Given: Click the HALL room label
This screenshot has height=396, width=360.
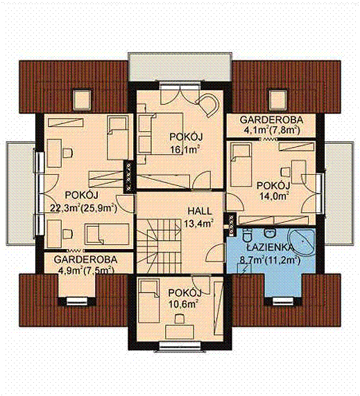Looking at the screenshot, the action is [x=199, y=211].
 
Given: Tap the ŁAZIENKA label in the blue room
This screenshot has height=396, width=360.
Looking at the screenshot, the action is [x=270, y=248].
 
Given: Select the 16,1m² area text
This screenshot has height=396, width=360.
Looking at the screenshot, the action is [x=184, y=150].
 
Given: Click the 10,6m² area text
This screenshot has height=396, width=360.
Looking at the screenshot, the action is [x=183, y=304].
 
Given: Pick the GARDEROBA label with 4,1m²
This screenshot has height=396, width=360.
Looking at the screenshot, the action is [x=271, y=120].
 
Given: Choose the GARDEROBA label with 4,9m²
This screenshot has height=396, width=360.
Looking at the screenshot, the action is [x=85, y=259].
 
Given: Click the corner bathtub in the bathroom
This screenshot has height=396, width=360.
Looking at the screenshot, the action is [x=302, y=243].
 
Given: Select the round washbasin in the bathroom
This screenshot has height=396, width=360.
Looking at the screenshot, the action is [x=270, y=233].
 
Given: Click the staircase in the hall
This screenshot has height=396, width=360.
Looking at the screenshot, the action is [x=159, y=246].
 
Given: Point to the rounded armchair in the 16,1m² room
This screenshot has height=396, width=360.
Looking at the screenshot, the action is [x=207, y=105].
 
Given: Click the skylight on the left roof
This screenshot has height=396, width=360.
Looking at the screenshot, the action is [x=82, y=100].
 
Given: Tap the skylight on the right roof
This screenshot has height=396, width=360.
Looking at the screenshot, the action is [x=278, y=101].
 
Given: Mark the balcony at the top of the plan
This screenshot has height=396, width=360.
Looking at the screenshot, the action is [x=180, y=67].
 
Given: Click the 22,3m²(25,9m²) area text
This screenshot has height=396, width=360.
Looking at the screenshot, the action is [x=84, y=208].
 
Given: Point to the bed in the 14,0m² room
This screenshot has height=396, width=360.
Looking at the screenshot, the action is [x=241, y=164].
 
